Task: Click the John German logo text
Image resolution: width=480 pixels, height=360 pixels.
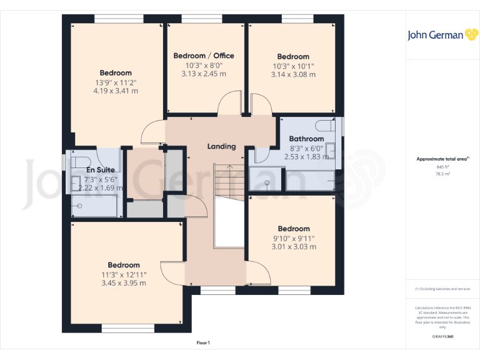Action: point(436,35)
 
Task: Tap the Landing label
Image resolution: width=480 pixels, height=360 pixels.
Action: point(221,146)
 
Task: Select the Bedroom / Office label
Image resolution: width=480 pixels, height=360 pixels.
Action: point(203,56)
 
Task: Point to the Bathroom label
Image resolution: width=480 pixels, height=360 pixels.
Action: point(306,139)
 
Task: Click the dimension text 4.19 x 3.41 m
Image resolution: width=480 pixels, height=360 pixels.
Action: point(115,91)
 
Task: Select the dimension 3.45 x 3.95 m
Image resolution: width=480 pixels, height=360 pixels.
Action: point(123,282)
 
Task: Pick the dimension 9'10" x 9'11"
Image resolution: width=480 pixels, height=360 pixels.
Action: point(293,237)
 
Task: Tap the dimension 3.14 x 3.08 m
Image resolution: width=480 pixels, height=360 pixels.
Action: point(293,74)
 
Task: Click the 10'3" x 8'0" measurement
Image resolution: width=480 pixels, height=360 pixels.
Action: point(203,65)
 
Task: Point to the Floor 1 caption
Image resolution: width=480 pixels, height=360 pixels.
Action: point(203,342)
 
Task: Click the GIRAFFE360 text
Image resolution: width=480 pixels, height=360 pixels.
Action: point(442,336)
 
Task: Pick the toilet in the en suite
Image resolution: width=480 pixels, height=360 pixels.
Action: point(79,156)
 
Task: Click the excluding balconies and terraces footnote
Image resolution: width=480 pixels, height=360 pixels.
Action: point(442,289)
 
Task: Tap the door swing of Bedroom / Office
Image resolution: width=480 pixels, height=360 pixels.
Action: point(233,102)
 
